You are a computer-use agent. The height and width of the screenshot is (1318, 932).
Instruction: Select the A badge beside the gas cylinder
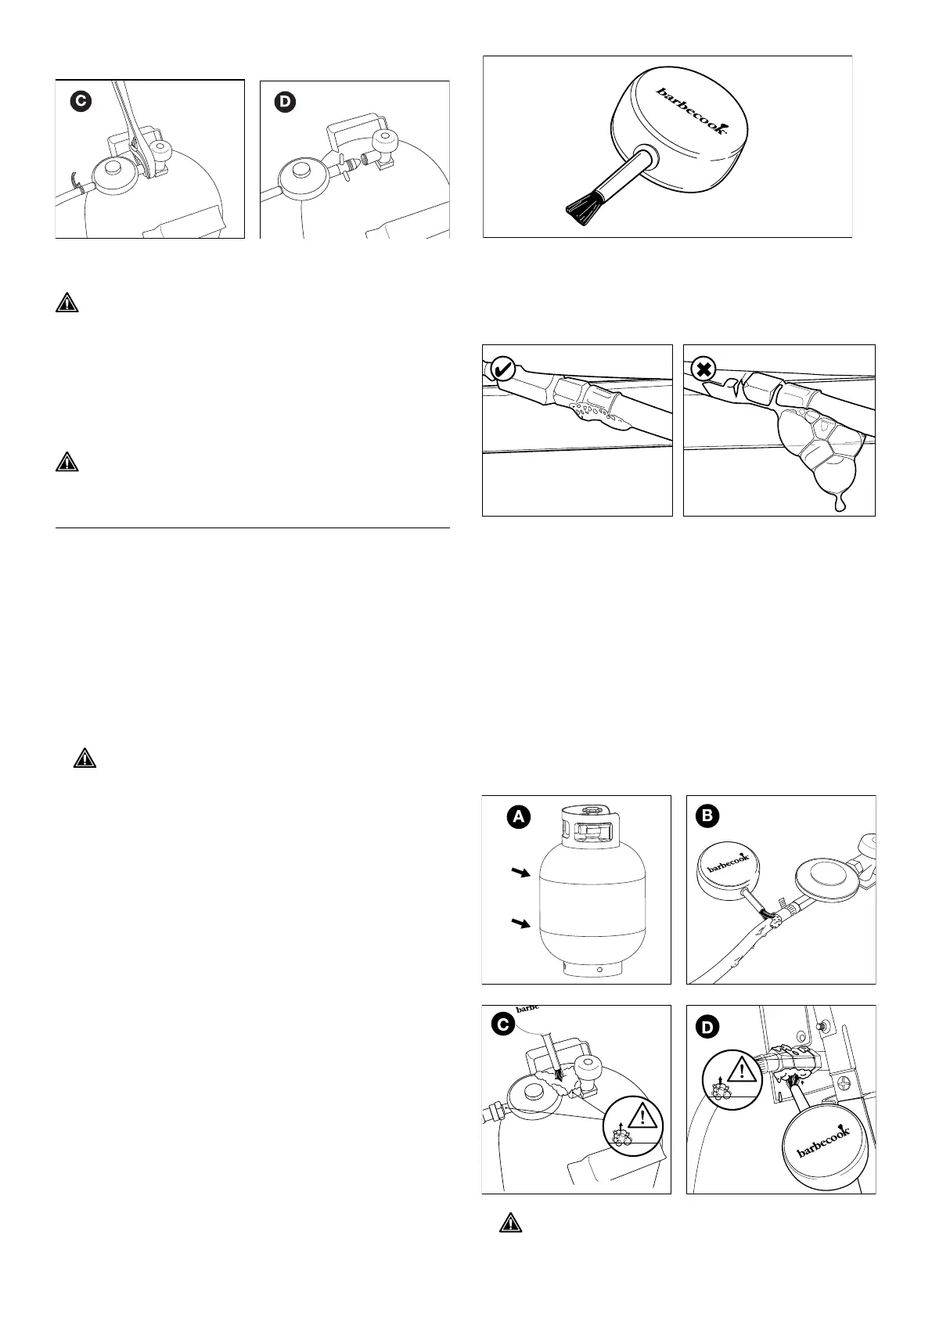pyautogui.click(x=517, y=818)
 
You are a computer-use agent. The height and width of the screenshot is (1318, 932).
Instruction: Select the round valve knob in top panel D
pyautogui.click(x=386, y=143)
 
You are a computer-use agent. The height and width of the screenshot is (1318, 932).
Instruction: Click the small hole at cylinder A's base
pyautogui.click(x=599, y=970)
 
